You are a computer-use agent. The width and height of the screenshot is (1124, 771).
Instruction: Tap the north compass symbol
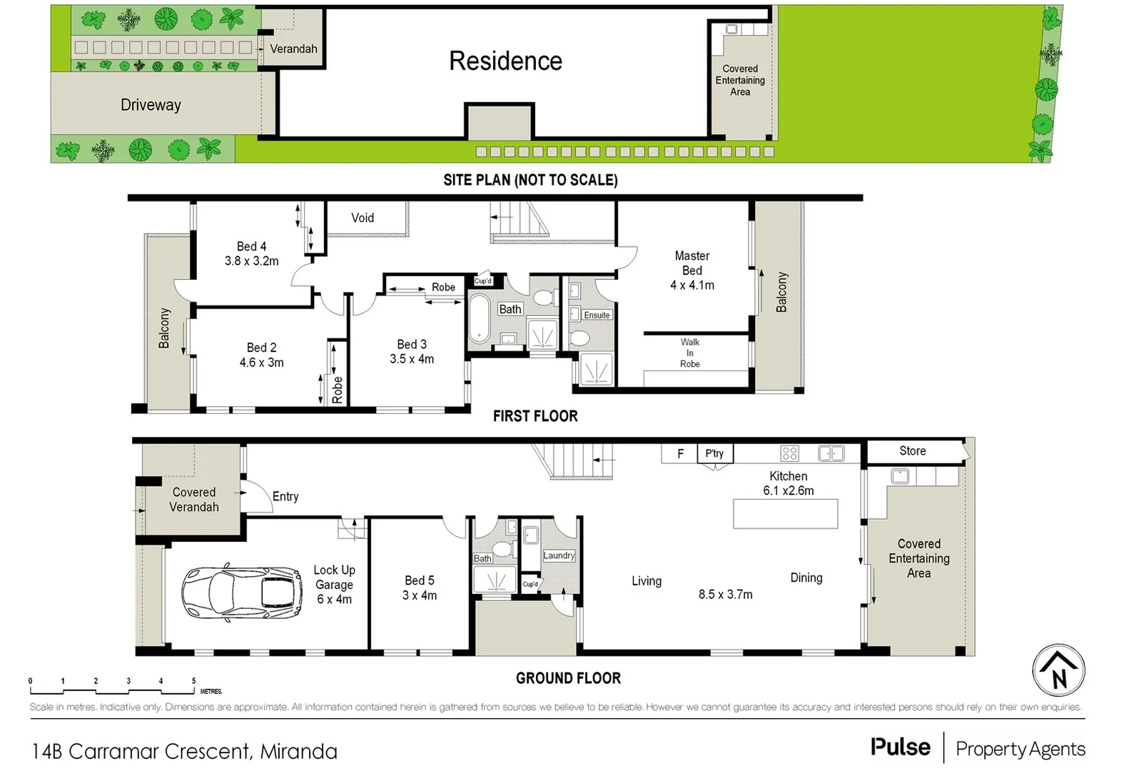[1058, 670]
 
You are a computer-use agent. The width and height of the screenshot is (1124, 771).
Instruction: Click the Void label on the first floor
[362, 218]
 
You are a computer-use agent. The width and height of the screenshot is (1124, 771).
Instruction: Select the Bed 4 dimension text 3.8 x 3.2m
[251, 261]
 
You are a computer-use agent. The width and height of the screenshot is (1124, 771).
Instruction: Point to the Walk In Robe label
[689, 353]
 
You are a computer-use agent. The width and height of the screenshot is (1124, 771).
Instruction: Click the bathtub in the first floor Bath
[478, 318]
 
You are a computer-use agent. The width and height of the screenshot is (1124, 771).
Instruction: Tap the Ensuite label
[597, 315]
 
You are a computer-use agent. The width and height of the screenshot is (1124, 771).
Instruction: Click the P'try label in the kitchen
[714, 453]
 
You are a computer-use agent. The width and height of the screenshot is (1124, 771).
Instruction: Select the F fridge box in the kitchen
[680, 453]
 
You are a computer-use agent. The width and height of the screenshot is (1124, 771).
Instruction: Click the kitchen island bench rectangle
[785, 514]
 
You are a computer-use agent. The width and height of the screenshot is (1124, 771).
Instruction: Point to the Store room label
[912, 451]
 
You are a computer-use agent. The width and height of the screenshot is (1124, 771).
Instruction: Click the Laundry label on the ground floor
[559, 555]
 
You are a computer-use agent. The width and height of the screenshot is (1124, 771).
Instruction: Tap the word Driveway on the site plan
[151, 105]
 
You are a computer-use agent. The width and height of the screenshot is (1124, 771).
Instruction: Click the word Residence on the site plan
[505, 61]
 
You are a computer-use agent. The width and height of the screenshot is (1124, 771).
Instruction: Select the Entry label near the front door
[285, 497]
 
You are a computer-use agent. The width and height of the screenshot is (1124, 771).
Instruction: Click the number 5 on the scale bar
[193, 681]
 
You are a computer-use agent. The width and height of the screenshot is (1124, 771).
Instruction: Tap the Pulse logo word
[900, 747]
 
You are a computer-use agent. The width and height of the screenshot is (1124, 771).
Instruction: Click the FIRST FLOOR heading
[535, 416]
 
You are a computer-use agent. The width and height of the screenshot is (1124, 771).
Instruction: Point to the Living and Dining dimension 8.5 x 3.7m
[725, 595]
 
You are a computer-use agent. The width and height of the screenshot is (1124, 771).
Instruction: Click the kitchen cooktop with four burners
[789, 453]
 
